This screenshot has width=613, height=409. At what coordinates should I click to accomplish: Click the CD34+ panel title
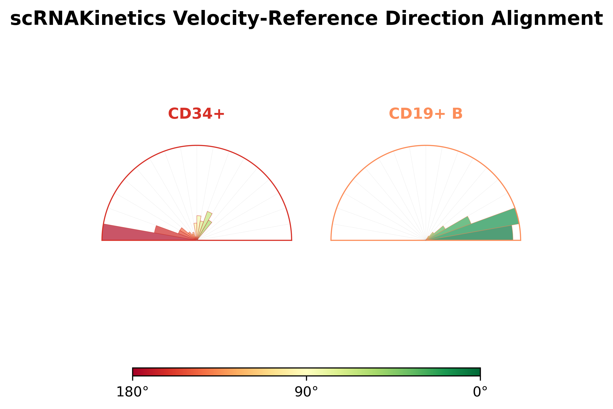(196, 114)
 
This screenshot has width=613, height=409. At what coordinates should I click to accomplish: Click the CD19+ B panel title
(425, 114)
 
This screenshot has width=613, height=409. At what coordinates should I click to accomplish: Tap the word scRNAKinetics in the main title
(88, 19)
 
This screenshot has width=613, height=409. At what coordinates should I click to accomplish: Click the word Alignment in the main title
(547, 19)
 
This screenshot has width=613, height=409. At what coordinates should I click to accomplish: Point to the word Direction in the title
(434, 19)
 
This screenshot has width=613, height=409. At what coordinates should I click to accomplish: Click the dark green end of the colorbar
(475, 372)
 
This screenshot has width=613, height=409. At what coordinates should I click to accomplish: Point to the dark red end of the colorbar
(137, 372)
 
